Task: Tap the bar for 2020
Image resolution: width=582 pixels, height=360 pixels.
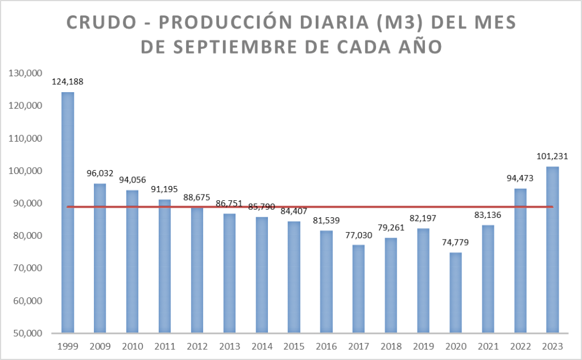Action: (456, 292)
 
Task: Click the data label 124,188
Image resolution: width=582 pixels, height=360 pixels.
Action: (68, 82)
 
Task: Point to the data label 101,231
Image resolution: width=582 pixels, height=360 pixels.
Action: (552, 156)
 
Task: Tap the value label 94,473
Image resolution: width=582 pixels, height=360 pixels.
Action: (520, 178)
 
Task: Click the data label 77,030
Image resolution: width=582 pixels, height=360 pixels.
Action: (358, 235)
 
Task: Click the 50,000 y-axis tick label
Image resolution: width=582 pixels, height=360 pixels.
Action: (26, 333)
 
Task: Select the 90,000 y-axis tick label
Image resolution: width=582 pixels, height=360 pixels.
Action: (26, 203)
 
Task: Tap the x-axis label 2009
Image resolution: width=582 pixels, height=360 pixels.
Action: (100, 346)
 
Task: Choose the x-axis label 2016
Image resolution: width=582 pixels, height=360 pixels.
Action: (326, 346)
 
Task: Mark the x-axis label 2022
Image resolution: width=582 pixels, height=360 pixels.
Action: (520, 346)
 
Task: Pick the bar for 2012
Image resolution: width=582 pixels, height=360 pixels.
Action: (197, 270)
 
